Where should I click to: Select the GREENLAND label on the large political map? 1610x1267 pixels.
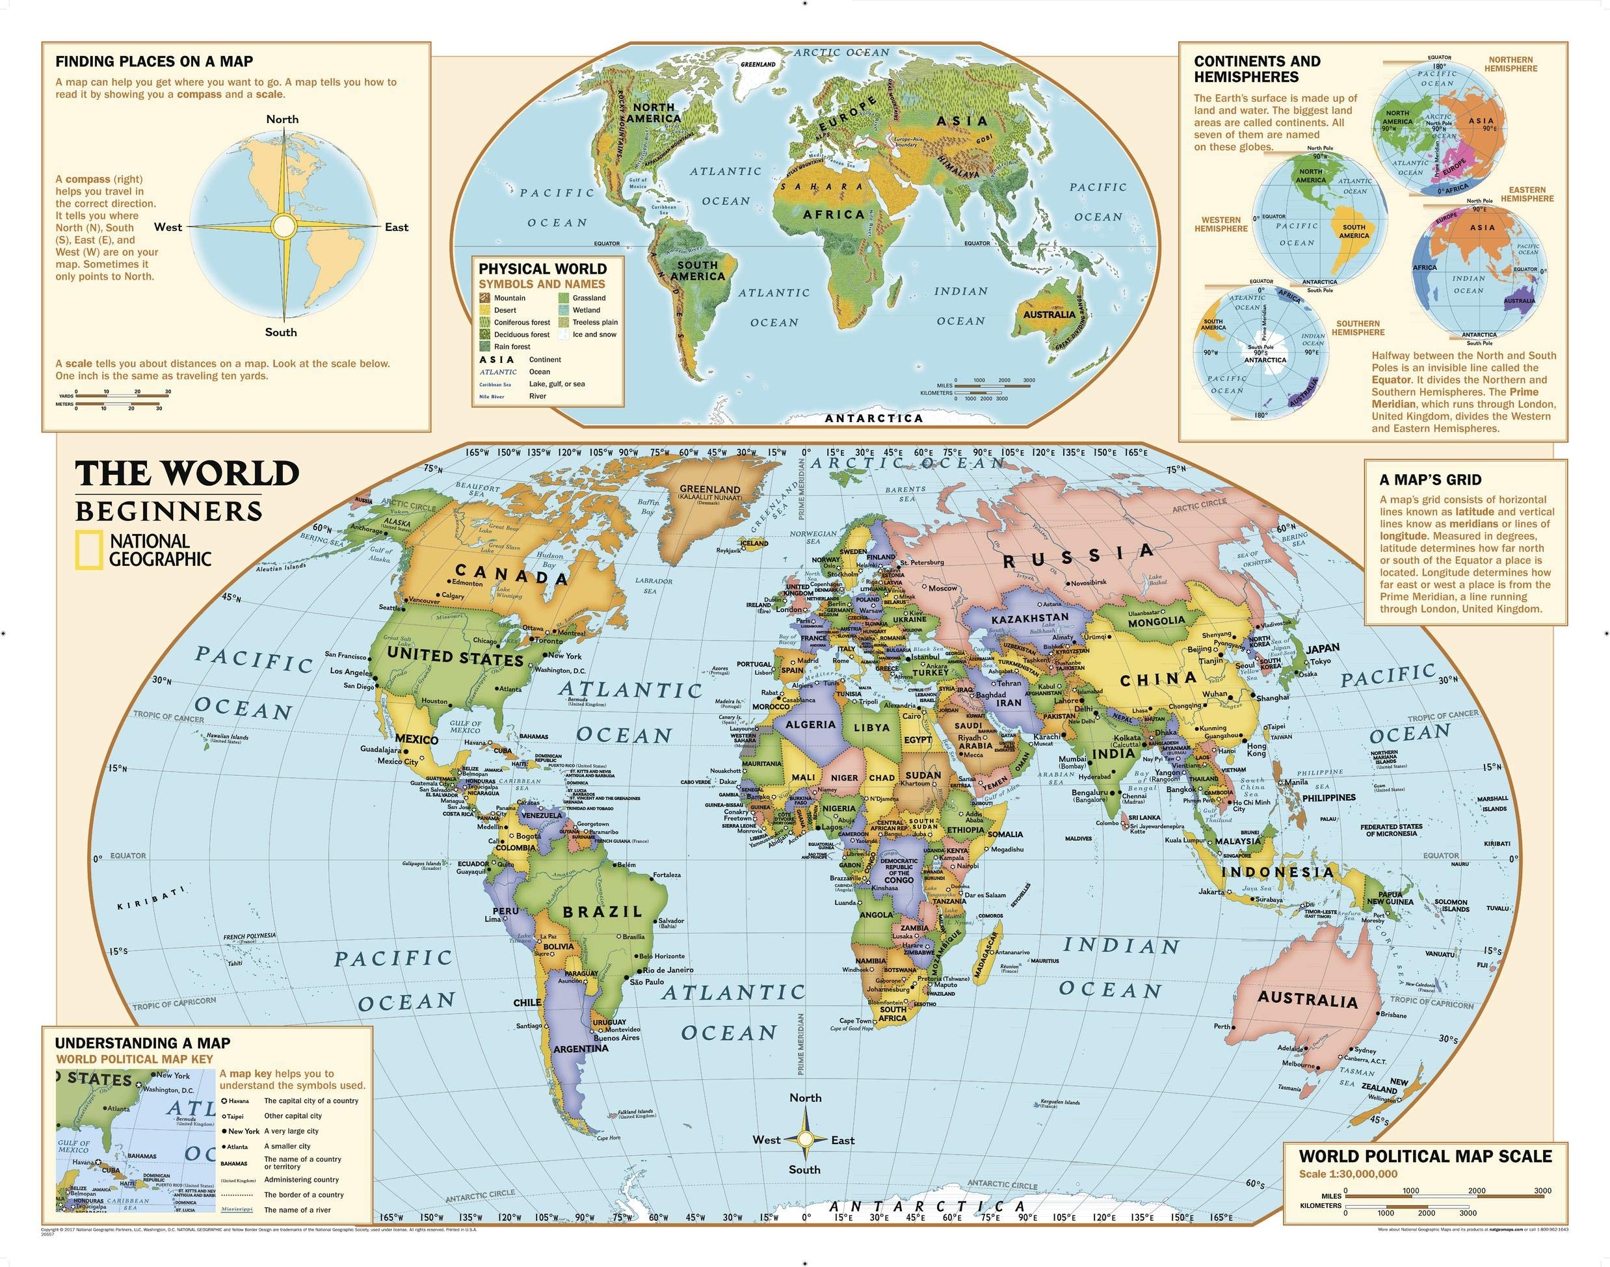point(709,490)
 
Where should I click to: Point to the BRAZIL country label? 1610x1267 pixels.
point(602,912)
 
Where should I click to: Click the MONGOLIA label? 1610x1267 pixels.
point(1156,622)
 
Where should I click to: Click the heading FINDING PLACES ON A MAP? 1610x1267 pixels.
point(154,62)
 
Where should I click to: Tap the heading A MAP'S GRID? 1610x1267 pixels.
point(1430,480)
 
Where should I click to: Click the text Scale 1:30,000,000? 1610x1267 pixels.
point(1347,1174)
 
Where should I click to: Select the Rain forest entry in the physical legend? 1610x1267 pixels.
point(512,347)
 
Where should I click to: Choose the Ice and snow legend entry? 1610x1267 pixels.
point(594,334)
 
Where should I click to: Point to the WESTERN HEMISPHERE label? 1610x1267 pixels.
point(1221,224)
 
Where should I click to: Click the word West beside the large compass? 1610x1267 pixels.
point(168,227)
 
